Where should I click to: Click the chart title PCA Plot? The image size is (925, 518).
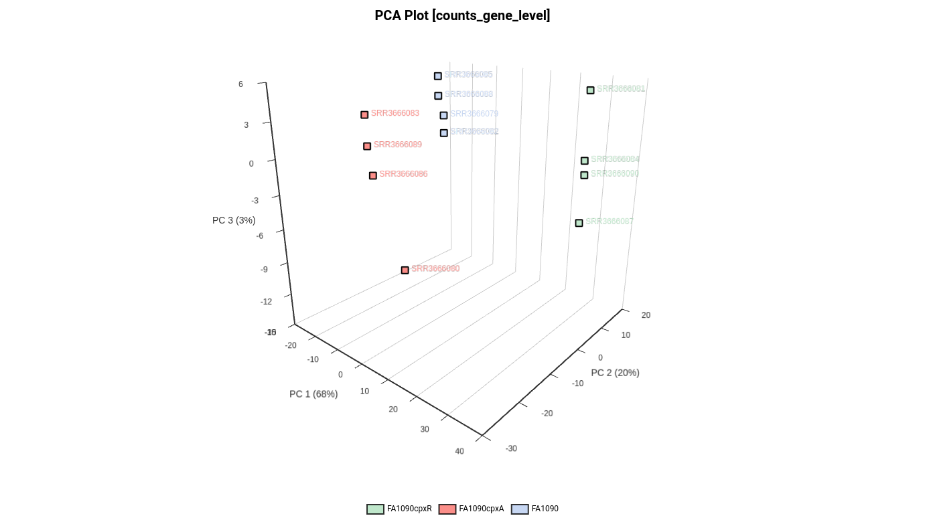pos(462,15)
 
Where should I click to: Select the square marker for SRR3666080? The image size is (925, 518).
pos(405,270)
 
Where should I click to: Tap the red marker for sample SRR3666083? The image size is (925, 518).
pos(364,114)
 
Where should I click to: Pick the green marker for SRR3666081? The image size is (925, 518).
pos(590,90)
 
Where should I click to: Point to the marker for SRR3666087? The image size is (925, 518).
pos(579,223)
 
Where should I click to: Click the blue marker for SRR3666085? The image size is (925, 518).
pos(437,76)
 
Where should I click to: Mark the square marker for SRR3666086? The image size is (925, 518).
pos(373,175)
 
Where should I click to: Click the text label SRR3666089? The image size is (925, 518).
pos(397,145)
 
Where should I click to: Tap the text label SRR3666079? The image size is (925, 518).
pos(474,114)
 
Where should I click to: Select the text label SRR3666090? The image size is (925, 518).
pos(614,174)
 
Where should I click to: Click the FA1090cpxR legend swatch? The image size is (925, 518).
pos(375,509)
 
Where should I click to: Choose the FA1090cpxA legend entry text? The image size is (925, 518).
pos(481,509)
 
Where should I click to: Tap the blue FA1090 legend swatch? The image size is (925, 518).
pos(520,509)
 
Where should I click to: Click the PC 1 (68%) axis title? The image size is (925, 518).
pos(313,394)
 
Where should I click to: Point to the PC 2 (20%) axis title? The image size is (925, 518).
pos(615,373)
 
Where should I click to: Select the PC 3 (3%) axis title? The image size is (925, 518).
pos(234,220)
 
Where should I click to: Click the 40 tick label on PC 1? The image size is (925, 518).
pos(459,451)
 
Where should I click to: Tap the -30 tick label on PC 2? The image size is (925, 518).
pos(511,448)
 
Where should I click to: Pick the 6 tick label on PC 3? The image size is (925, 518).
pos(240,84)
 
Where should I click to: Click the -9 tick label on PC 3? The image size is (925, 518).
pos(264,270)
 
